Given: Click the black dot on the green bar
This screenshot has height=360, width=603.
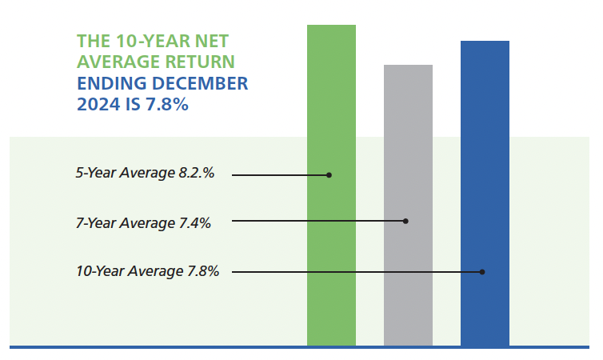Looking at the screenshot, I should pos(329,174).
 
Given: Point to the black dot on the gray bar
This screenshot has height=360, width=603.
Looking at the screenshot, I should pos(406,221).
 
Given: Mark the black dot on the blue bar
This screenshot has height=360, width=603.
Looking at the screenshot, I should pos(483,272).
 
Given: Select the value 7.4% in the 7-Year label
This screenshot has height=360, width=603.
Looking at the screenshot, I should pos(193,223).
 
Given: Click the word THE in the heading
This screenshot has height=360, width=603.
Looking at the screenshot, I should pos(93,42).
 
